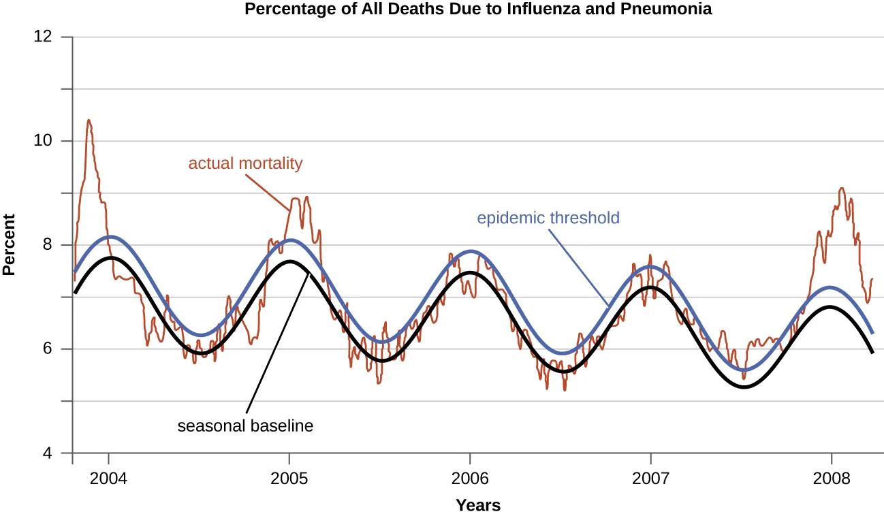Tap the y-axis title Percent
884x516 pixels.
(9, 244)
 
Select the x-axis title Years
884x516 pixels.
(478, 505)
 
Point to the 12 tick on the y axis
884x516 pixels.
(43, 37)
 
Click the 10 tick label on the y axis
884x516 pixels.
(43, 141)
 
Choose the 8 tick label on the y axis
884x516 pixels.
(47, 245)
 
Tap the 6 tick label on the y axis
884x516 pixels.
(47, 349)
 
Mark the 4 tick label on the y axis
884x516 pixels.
(47, 453)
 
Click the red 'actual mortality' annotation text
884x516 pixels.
(245, 163)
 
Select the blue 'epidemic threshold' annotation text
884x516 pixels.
(548, 218)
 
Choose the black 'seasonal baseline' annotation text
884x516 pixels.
(245, 427)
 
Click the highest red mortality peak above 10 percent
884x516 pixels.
(89, 121)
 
